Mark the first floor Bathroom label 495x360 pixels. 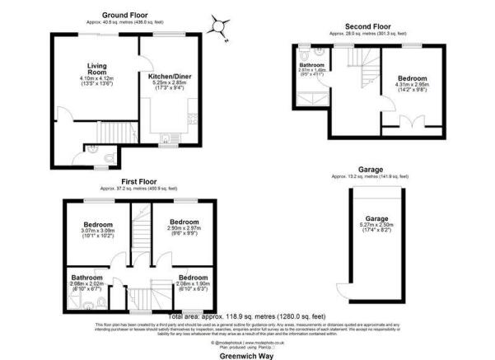click(86, 278)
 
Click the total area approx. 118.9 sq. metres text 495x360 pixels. click(248, 316)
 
